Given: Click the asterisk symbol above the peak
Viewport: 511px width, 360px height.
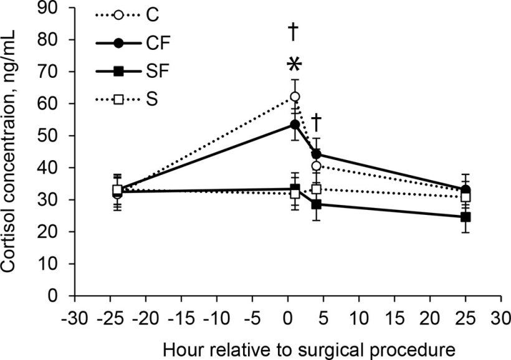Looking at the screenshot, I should (x=294, y=65).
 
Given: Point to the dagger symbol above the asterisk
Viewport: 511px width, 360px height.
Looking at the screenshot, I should (x=294, y=31).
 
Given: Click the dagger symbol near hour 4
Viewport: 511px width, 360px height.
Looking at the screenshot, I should (x=316, y=120).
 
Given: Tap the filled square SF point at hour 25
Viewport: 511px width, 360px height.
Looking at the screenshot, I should (x=465, y=217).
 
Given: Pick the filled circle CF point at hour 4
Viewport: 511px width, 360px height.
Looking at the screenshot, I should (x=316, y=154).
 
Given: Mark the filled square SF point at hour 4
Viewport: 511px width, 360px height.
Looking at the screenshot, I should (x=316, y=204).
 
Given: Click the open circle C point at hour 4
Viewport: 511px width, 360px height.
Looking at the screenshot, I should (x=316, y=166).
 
